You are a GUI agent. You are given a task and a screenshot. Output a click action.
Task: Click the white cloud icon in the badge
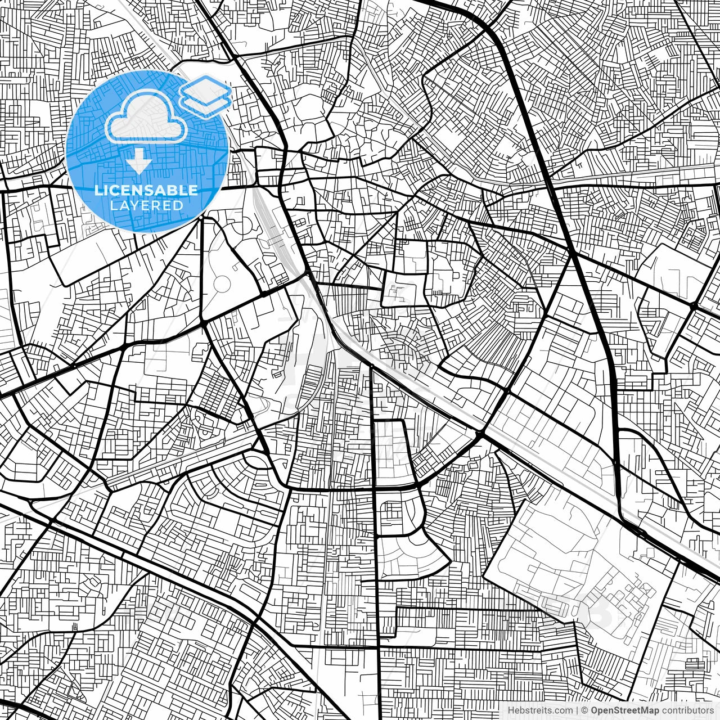click(x=146, y=117)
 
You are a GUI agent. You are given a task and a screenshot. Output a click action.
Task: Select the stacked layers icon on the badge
click(x=206, y=95)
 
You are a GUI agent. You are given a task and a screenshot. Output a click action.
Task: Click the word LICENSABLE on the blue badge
click(x=146, y=191)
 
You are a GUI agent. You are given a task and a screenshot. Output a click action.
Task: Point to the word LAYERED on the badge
click(x=146, y=205)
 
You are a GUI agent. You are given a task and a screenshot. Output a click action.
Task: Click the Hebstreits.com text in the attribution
click(x=541, y=710)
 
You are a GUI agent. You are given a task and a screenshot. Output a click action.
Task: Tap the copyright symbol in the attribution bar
click(x=584, y=710)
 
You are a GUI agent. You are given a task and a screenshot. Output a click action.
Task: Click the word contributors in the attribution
click(x=687, y=710)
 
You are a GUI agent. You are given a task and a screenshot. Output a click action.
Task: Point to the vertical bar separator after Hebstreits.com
click(x=577, y=710)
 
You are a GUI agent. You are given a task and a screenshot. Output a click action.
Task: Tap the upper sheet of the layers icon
click(x=206, y=89)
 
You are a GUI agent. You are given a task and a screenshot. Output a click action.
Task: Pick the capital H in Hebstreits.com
click(x=511, y=710)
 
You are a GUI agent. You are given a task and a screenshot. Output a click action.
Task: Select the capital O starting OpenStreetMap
click(x=594, y=710)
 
